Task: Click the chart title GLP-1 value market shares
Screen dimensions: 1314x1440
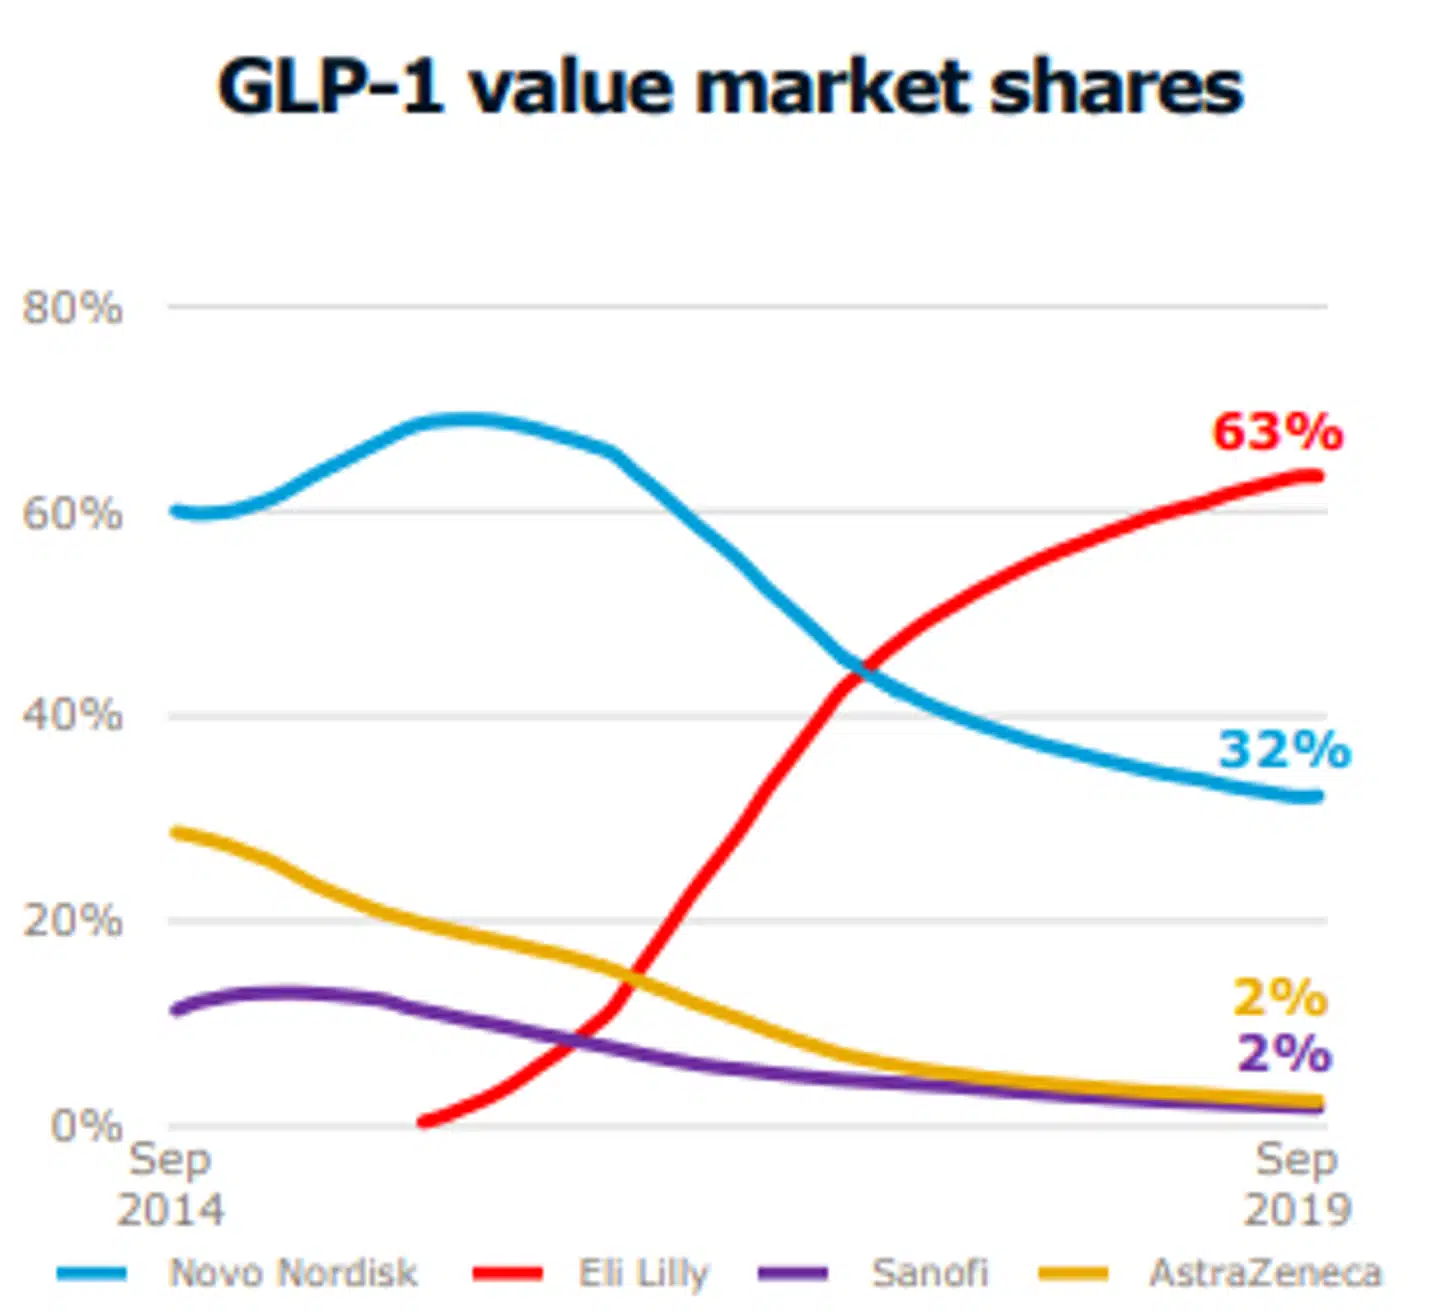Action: click(730, 87)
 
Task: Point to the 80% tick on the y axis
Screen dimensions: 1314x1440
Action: click(73, 307)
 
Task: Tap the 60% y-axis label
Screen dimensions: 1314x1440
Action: click(73, 513)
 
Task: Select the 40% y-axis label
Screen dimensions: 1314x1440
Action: click(73, 715)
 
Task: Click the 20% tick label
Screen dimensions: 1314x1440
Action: click(73, 920)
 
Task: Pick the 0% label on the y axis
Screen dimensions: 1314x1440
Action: click(87, 1126)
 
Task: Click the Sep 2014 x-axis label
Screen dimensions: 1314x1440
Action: click(170, 1184)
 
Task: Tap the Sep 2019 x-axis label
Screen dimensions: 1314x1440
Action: click(1297, 1184)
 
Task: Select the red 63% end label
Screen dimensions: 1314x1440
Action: click(1277, 432)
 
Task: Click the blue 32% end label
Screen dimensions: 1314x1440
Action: click(1284, 750)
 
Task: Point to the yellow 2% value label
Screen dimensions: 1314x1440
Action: click(1280, 997)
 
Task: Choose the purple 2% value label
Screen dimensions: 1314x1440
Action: click(1284, 1053)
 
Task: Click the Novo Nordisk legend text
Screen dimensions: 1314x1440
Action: click(293, 1273)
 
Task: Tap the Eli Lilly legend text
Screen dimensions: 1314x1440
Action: click(643, 1273)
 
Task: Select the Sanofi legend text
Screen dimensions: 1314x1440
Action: click(930, 1273)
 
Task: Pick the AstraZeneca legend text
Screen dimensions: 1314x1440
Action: click(1265, 1273)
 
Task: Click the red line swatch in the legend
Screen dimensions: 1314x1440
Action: click(508, 1274)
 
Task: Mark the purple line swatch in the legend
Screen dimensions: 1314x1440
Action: click(793, 1274)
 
